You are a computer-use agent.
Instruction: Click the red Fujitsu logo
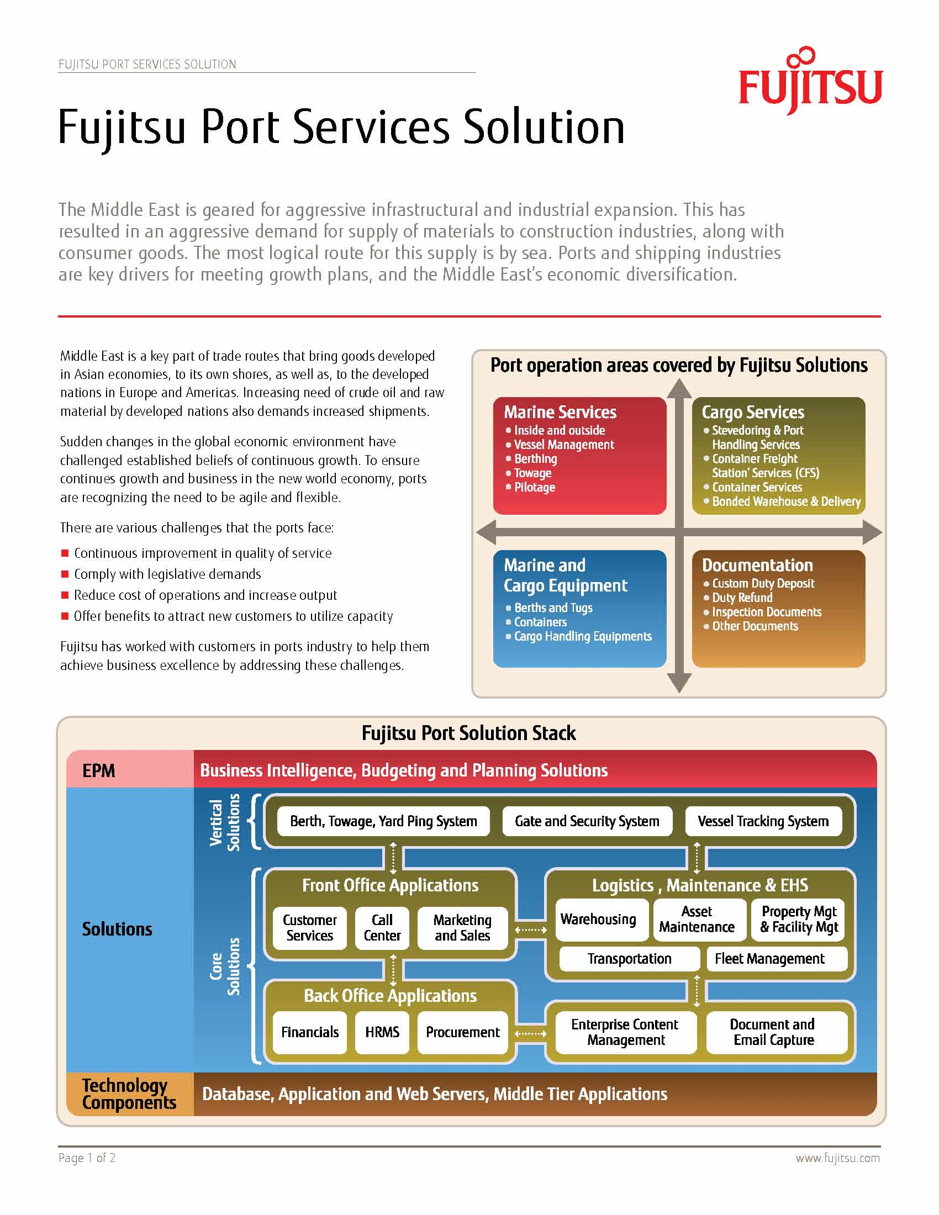810,81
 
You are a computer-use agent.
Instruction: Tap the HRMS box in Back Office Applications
382,1033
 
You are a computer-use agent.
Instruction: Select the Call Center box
382,928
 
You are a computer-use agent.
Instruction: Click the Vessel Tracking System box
763,821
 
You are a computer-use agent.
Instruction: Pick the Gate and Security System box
587,821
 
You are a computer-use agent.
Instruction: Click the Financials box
310,1033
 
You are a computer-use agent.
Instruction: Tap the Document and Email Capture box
777,1033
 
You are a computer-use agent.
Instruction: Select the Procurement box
463,1033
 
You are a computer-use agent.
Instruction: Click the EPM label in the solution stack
98,770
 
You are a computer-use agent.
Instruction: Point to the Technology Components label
129,1093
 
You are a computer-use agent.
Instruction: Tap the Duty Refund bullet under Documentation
738,598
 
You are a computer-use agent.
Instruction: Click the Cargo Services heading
753,412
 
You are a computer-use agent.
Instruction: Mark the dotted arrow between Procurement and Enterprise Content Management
531,1034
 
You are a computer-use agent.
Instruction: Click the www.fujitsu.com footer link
838,1158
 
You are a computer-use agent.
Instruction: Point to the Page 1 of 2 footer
87,1158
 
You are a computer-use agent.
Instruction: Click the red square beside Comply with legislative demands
65,574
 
